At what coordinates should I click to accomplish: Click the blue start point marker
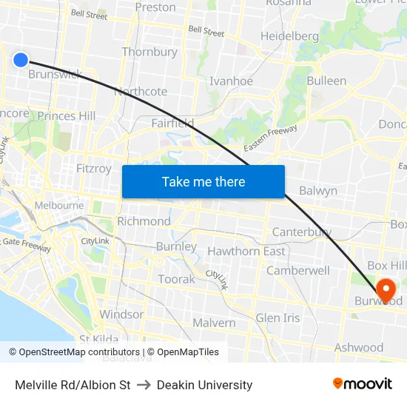click(21, 60)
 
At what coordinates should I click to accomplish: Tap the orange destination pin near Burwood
click(386, 288)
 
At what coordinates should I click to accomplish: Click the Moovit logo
click(362, 384)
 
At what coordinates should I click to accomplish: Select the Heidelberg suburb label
click(289, 36)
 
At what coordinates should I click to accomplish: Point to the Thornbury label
click(149, 53)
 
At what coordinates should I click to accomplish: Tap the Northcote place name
click(141, 92)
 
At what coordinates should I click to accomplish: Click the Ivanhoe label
click(231, 81)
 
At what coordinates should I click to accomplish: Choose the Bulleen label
click(326, 81)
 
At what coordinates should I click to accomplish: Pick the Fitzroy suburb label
click(94, 169)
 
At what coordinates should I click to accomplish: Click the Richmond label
click(144, 221)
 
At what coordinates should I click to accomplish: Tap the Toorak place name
click(177, 279)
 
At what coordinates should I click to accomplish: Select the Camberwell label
click(297, 271)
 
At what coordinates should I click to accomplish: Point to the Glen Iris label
click(277, 317)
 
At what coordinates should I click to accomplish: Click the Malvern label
click(214, 323)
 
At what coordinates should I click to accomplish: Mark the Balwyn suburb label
click(318, 191)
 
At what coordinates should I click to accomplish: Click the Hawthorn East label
click(246, 252)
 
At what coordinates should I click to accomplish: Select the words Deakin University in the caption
click(203, 385)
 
